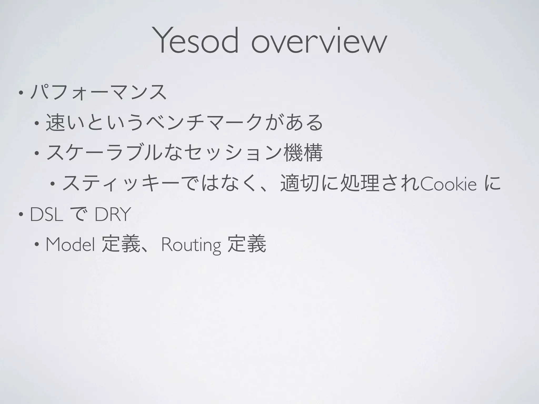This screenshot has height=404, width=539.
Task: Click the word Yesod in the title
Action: (197, 40)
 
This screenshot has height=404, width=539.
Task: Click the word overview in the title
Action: (319, 42)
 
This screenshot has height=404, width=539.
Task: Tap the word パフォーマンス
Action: (98, 92)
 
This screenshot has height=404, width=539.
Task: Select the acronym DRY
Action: (112, 215)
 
